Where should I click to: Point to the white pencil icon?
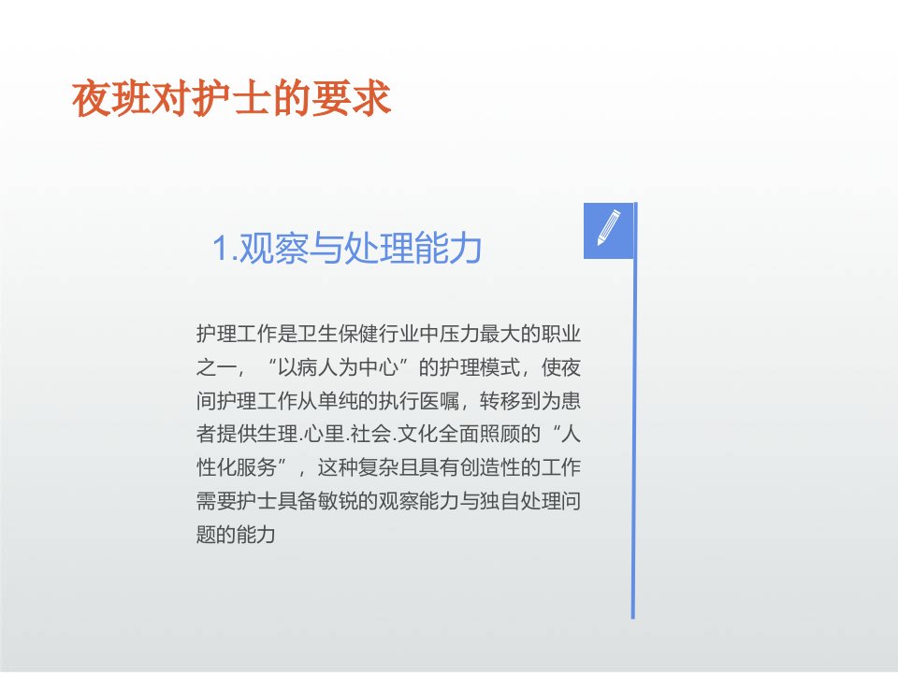point(609,228)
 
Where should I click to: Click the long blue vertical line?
point(633,410)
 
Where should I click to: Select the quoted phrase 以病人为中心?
point(338,367)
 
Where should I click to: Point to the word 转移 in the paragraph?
point(500,401)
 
